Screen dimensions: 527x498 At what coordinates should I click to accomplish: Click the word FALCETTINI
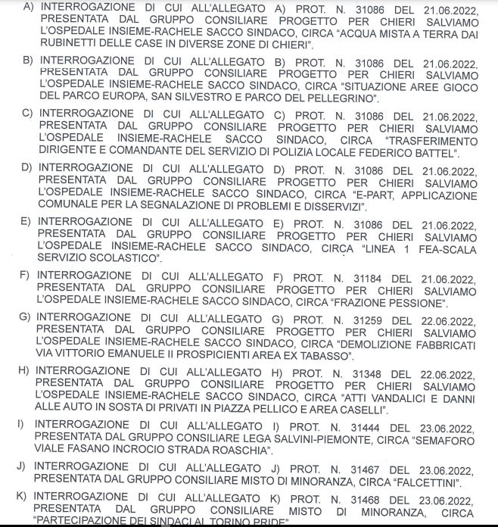[426, 482]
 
